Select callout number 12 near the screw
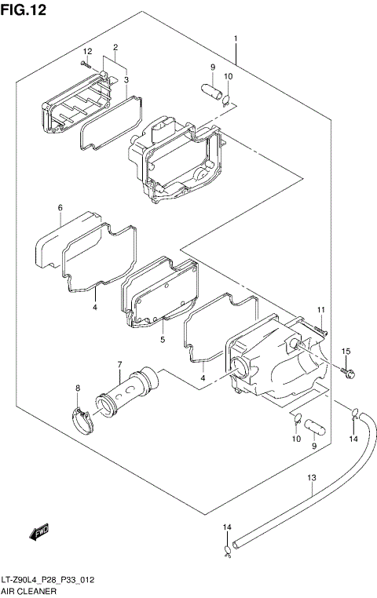pos(88,51)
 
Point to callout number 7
pos(119,365)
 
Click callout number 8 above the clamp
pos(78,388)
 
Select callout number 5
pos(162,340)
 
